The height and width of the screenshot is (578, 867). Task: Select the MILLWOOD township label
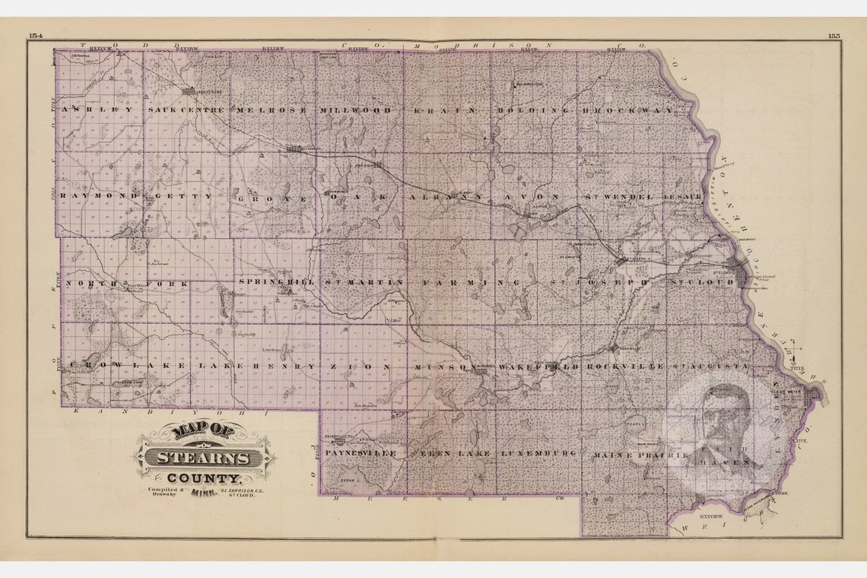[356, 110]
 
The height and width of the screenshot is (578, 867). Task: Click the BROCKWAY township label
[627, 110]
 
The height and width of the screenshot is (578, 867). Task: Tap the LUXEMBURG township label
[538, 453]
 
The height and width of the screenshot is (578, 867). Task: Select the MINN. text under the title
[202, 492]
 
